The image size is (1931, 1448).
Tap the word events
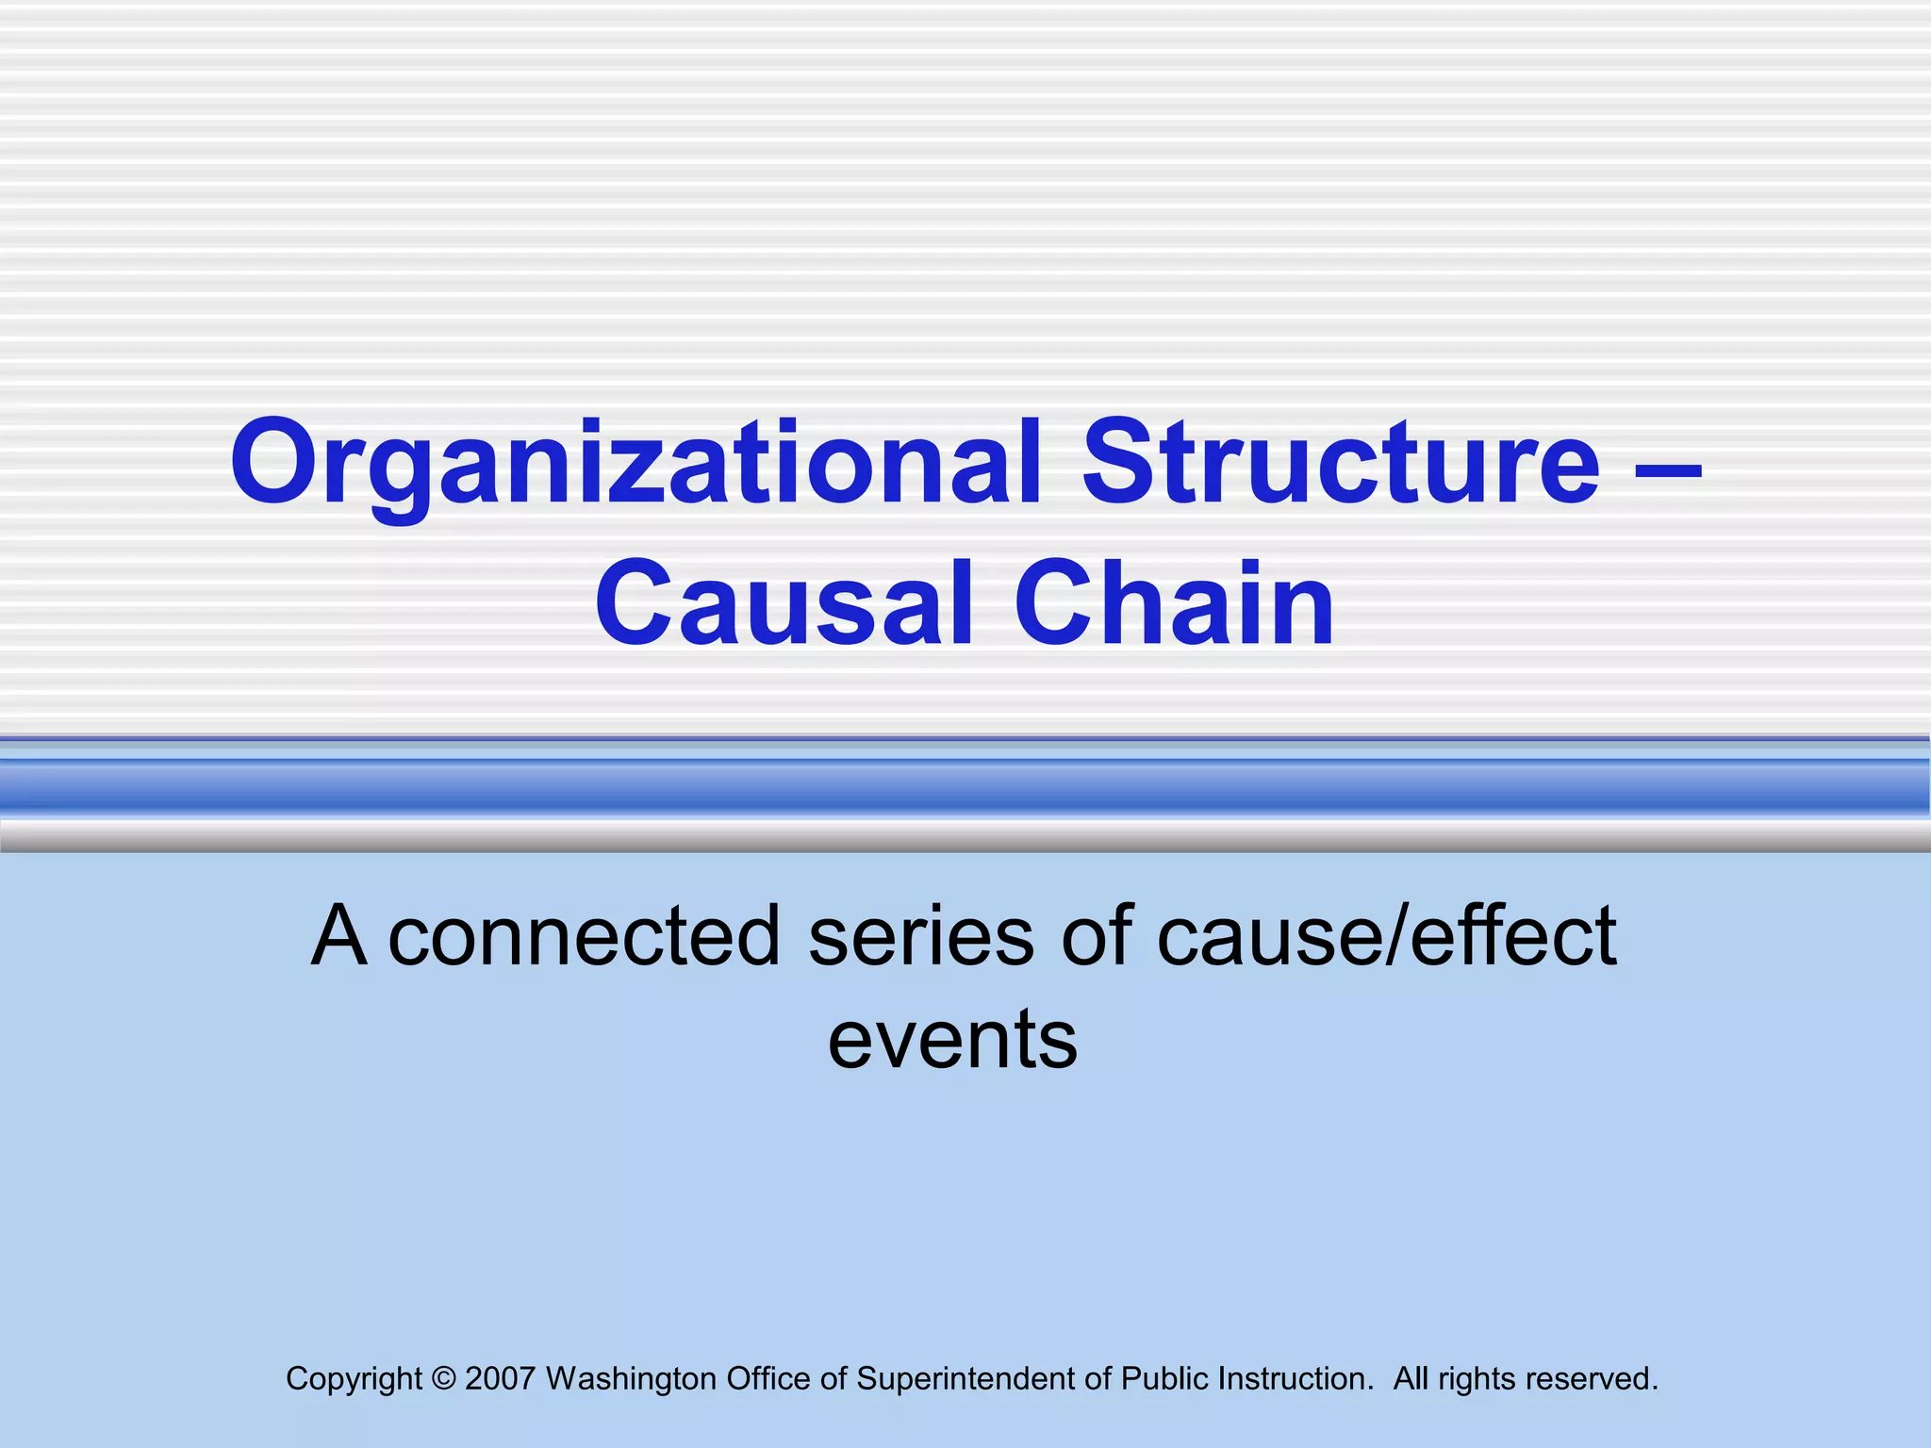[952, 1040]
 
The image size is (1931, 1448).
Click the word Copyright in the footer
[354, 1379]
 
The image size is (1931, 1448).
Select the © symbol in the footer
[443, 1379]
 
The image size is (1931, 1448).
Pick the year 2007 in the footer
[500, 1379]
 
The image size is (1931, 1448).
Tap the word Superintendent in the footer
[984, 1379]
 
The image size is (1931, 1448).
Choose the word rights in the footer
[1477, 1379]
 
